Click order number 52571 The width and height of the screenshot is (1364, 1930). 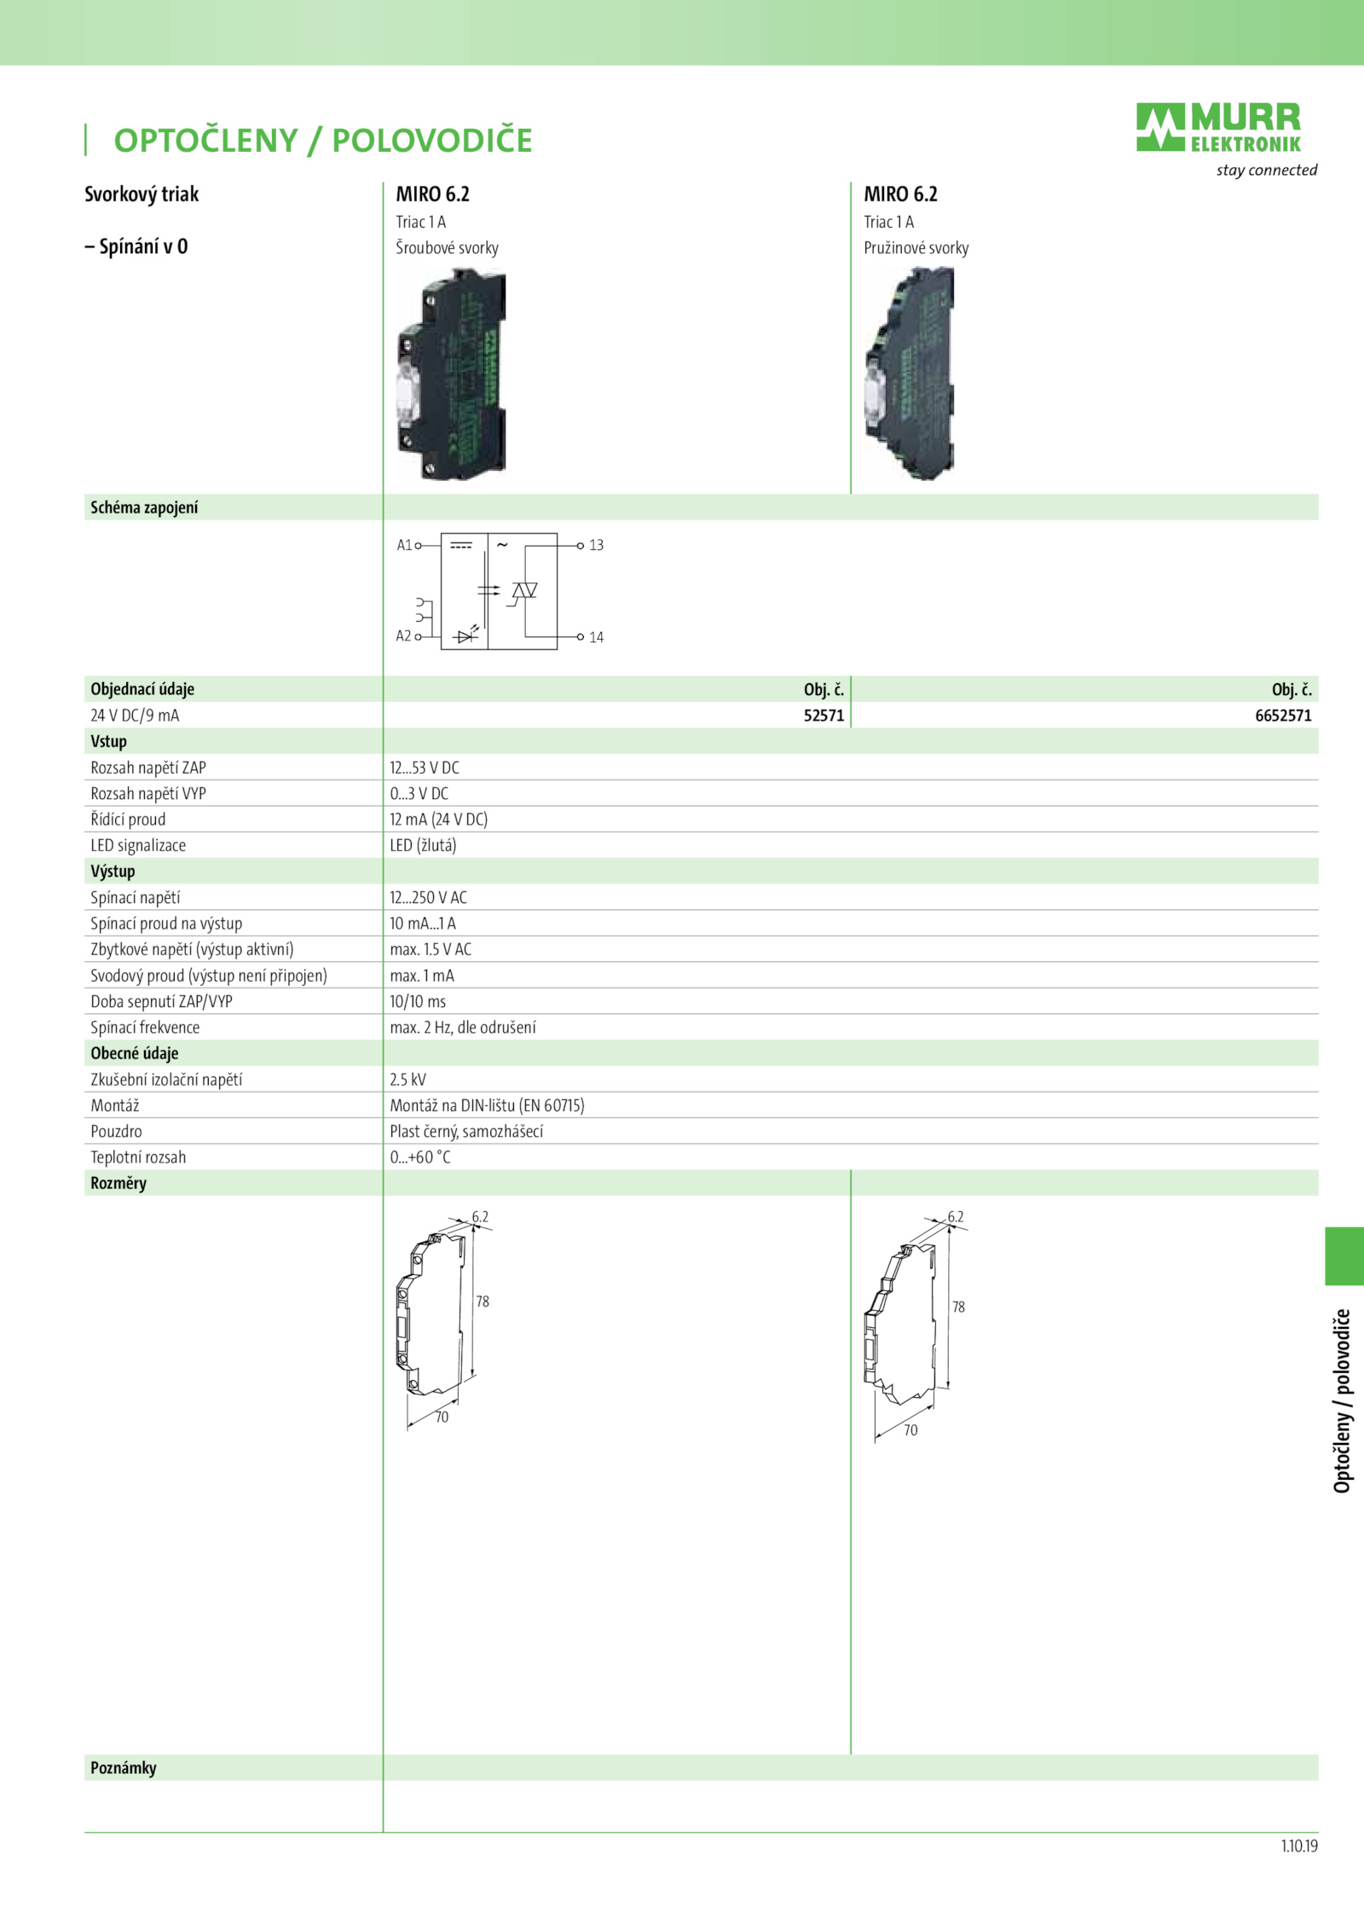(824, 716)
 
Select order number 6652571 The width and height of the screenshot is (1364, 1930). (1283, 716)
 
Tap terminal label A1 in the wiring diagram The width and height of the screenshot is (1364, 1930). (404, 545)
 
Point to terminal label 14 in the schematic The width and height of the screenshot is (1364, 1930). (596, 637)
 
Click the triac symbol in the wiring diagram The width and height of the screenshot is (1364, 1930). (523, 592)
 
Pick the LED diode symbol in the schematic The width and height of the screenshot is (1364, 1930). (466, 635)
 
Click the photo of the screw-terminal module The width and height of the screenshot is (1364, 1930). (451, 374)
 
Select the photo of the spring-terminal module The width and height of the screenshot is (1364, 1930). (910, 374)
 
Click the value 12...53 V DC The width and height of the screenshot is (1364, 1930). (425, 768)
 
